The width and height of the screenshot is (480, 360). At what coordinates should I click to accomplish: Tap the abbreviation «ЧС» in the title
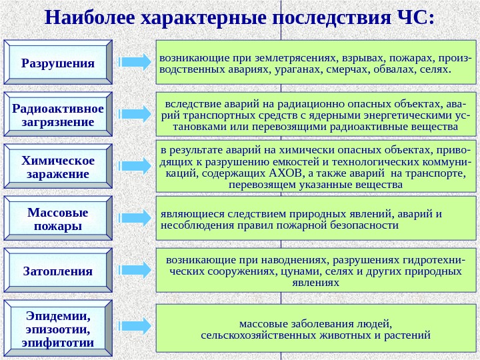point(409,15)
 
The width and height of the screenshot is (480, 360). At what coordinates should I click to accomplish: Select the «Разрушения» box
point(58,63)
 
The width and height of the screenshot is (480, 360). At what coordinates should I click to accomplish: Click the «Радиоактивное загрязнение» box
point(58,115)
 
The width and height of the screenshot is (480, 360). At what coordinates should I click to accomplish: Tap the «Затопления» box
point(58,271)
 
